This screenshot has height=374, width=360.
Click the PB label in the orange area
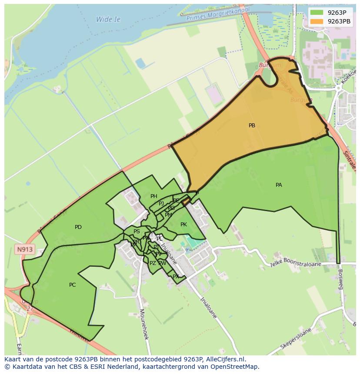[252, 126]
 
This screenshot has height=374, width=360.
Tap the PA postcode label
[279, 185]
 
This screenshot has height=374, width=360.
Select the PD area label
[78, 227]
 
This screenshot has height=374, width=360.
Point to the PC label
[73, 285]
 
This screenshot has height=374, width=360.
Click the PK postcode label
[183, 225]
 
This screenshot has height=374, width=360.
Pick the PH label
[153, 196]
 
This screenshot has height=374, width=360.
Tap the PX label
[176, 276]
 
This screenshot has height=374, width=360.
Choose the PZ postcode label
[153, 263]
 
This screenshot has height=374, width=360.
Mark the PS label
[137, 232]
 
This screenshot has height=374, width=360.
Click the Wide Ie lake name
[108, 20]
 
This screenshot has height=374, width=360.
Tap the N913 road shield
[25, 250]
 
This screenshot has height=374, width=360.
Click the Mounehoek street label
[144, 324]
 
